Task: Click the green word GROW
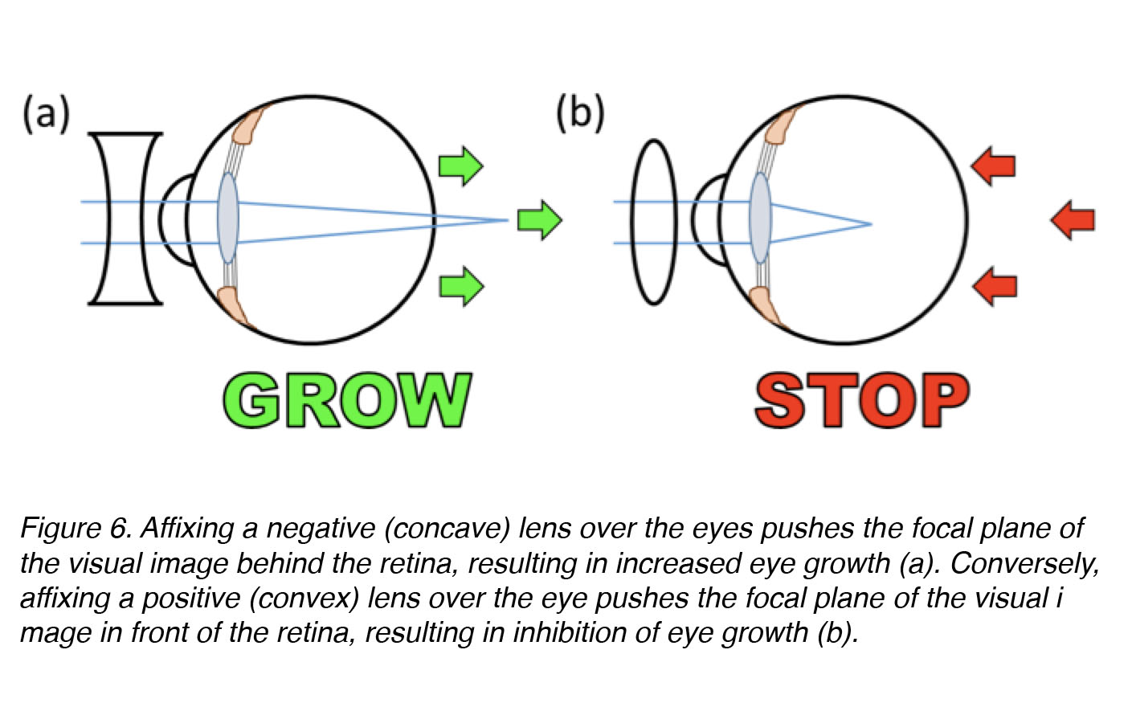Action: click(348, 400)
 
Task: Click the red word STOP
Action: click(862, 400)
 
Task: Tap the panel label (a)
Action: click(46, 114)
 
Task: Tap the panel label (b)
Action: click(580, 114)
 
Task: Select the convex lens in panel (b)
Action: click(653, 223)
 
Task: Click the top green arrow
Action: click(461, 166)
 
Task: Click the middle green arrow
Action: click(540, 220)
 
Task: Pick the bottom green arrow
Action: click(461, 287)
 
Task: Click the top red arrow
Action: click(993, 166)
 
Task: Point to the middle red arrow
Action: click(1073, 220)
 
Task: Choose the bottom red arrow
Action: click(995, 287)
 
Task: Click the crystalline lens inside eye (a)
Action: click(228, 218)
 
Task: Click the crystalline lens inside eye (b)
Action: click(761, 218)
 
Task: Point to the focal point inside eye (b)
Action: click(872, 223)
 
